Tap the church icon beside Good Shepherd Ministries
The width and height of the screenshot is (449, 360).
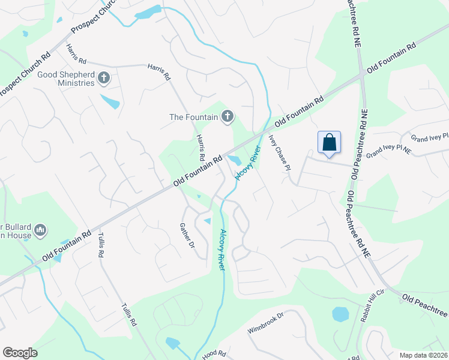tap(104, 78)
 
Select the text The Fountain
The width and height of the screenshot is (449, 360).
tap(193, 117)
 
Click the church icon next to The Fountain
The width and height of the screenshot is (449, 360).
tap(227, 116)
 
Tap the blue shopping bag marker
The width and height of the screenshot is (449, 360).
tap(329, 143)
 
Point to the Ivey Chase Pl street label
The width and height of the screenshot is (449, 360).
tap(280, 152)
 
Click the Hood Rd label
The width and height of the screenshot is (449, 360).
tap(213, 355)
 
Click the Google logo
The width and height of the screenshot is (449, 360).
tap(20, 353)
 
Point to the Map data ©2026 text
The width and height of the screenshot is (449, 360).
tap(424, 355)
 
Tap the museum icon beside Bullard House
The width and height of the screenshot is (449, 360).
tap(41, 230)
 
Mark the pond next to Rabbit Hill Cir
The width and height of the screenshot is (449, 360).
tap(340, 314)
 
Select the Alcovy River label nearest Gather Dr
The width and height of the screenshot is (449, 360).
tap(223, 250)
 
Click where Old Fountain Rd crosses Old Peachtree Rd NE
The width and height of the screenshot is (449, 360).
tap(362, 76)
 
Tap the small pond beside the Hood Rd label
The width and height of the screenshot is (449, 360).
tap(172, 343)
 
